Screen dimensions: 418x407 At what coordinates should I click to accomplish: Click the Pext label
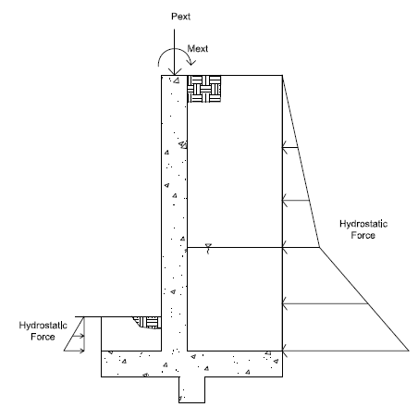180,17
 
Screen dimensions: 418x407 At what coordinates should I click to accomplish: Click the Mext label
198,48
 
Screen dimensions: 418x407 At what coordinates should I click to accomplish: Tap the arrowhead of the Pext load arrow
174,71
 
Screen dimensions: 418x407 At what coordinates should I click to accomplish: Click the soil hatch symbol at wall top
204,89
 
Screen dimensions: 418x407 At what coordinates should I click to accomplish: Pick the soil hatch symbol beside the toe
148,323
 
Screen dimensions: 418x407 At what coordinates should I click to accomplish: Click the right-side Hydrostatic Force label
363,229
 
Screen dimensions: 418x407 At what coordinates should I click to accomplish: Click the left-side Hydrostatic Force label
43,331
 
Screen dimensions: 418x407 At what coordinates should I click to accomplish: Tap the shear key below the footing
191,389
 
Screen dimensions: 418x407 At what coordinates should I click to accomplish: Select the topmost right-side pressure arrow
290,148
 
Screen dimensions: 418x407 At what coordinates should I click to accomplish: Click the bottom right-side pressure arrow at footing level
345,351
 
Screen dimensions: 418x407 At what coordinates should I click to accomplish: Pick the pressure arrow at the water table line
301,247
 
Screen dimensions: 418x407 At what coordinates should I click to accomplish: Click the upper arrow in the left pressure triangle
78,336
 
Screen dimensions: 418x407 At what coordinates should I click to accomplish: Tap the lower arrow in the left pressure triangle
74,351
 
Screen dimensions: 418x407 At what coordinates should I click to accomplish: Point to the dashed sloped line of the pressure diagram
301,161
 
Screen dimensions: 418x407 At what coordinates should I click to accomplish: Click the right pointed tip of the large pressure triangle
409,351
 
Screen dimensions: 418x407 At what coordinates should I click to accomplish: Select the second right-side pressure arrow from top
296,201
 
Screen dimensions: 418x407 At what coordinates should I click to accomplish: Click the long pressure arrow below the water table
326,304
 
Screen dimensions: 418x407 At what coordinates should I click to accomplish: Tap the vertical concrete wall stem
174,213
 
